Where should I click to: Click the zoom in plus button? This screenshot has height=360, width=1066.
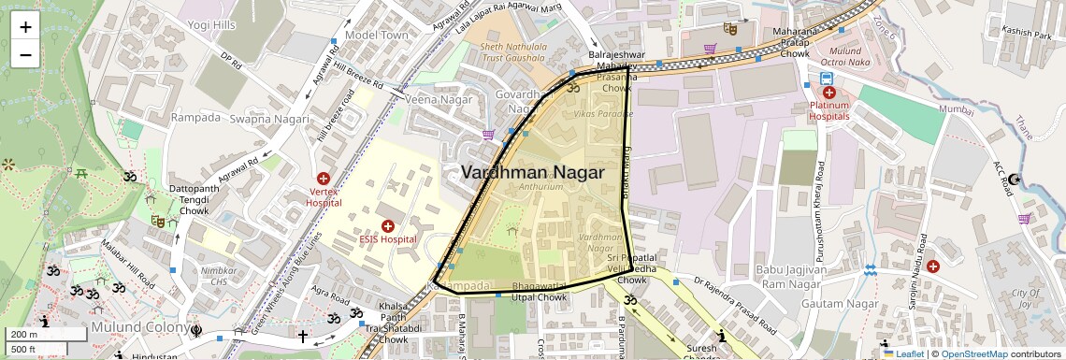[x=25, y=27]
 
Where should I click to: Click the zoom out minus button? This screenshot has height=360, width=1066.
[x=25, y=54]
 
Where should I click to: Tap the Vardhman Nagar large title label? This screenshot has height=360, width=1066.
[x=532, y=172]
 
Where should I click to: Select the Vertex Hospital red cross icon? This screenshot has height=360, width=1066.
[x=324, y=178]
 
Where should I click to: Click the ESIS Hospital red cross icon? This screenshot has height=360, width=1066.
[x=387, y=226]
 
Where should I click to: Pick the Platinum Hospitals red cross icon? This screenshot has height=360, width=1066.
[x=828, y=93]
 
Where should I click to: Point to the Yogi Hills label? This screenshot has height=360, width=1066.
[x=210, y=25]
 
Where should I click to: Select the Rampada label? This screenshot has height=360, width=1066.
[x=195, y=118]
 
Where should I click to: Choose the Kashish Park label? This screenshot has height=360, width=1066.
[x=1027, y=33]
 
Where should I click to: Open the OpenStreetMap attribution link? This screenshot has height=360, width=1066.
[x=974, y=354]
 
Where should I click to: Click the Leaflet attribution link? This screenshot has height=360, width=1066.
[x=904, y=354]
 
